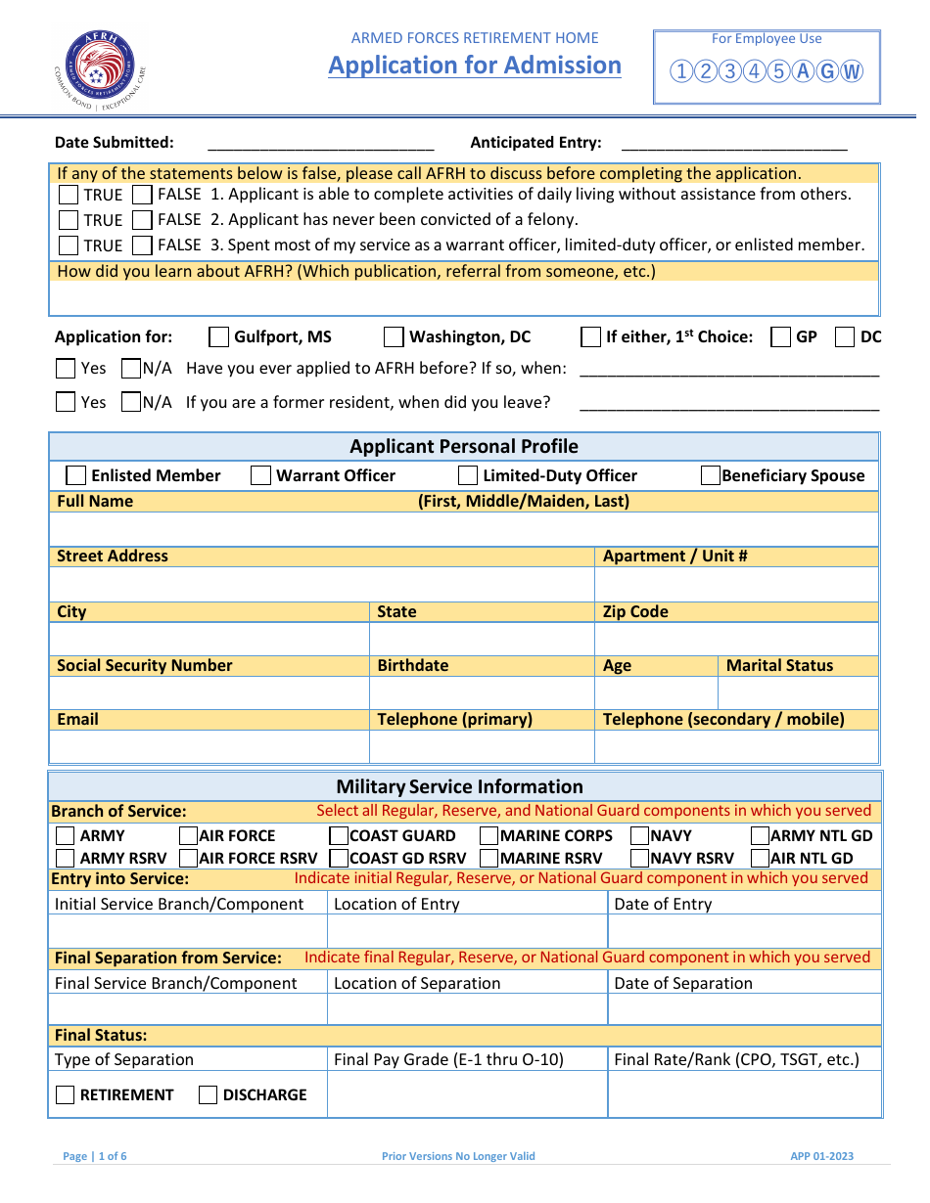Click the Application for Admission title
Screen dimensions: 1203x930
coord(475,66)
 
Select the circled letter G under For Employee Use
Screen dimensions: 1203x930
coord(827,71)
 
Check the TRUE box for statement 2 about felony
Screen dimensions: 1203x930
coord(69,220)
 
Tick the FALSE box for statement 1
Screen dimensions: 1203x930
coord(143,195)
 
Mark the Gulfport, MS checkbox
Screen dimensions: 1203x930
coord(219,337)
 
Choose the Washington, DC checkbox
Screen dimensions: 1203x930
coord(394,337)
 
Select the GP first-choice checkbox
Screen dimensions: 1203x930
coord(781,337)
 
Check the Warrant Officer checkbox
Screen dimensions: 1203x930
coord(260,476)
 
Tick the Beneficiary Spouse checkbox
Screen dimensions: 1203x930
coord(711,476)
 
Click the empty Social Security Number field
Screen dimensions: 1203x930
coord(209,692)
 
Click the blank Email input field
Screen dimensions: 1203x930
coord(209,746)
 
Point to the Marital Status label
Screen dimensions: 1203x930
coord(779,665)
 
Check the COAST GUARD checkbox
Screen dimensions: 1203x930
coord(339,836)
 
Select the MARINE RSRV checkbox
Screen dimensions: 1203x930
coord(488,859)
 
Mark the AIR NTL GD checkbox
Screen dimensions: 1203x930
coord(760,859)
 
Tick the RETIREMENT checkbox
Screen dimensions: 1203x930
coord(66,1095)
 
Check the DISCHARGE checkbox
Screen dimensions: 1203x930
coord(208,1095)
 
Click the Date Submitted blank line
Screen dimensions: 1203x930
coord(320,143)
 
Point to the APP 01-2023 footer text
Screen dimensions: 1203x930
coord(821,1156)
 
